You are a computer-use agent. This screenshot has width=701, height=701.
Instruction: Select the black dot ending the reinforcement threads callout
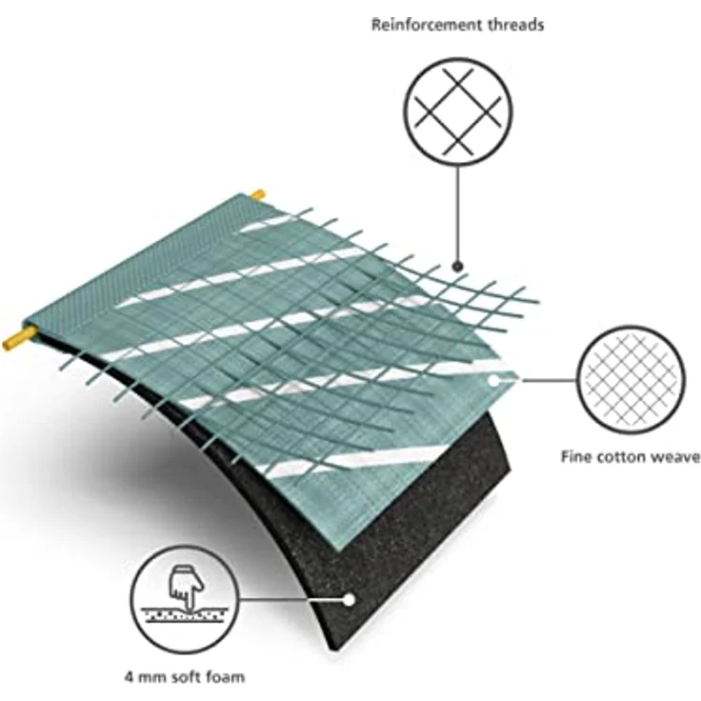tap(457, 267)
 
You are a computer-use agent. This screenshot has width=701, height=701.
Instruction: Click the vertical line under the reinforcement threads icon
tap(457, 213)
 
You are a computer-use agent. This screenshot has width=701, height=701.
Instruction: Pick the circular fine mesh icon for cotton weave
tap(631, 380)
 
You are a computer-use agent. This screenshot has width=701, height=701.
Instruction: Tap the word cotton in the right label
tap(621, 457)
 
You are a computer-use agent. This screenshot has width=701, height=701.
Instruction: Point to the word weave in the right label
tap(675, 458)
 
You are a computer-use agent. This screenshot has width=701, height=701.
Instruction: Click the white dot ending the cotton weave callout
tap(493, 380)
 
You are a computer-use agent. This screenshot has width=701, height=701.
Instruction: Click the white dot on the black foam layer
tap(349, 600)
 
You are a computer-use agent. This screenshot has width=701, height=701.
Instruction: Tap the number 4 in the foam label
tap(130, 677)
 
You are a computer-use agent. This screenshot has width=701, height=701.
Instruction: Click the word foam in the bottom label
tap(226, 677)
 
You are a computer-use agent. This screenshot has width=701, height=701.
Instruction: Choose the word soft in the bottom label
tap(187, 677)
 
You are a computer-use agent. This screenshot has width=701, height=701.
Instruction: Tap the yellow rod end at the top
tap(257, 195)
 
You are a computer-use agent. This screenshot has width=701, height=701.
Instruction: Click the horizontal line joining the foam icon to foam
tap(291, 599)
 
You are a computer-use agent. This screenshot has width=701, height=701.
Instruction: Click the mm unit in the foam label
tap(153, 678)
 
